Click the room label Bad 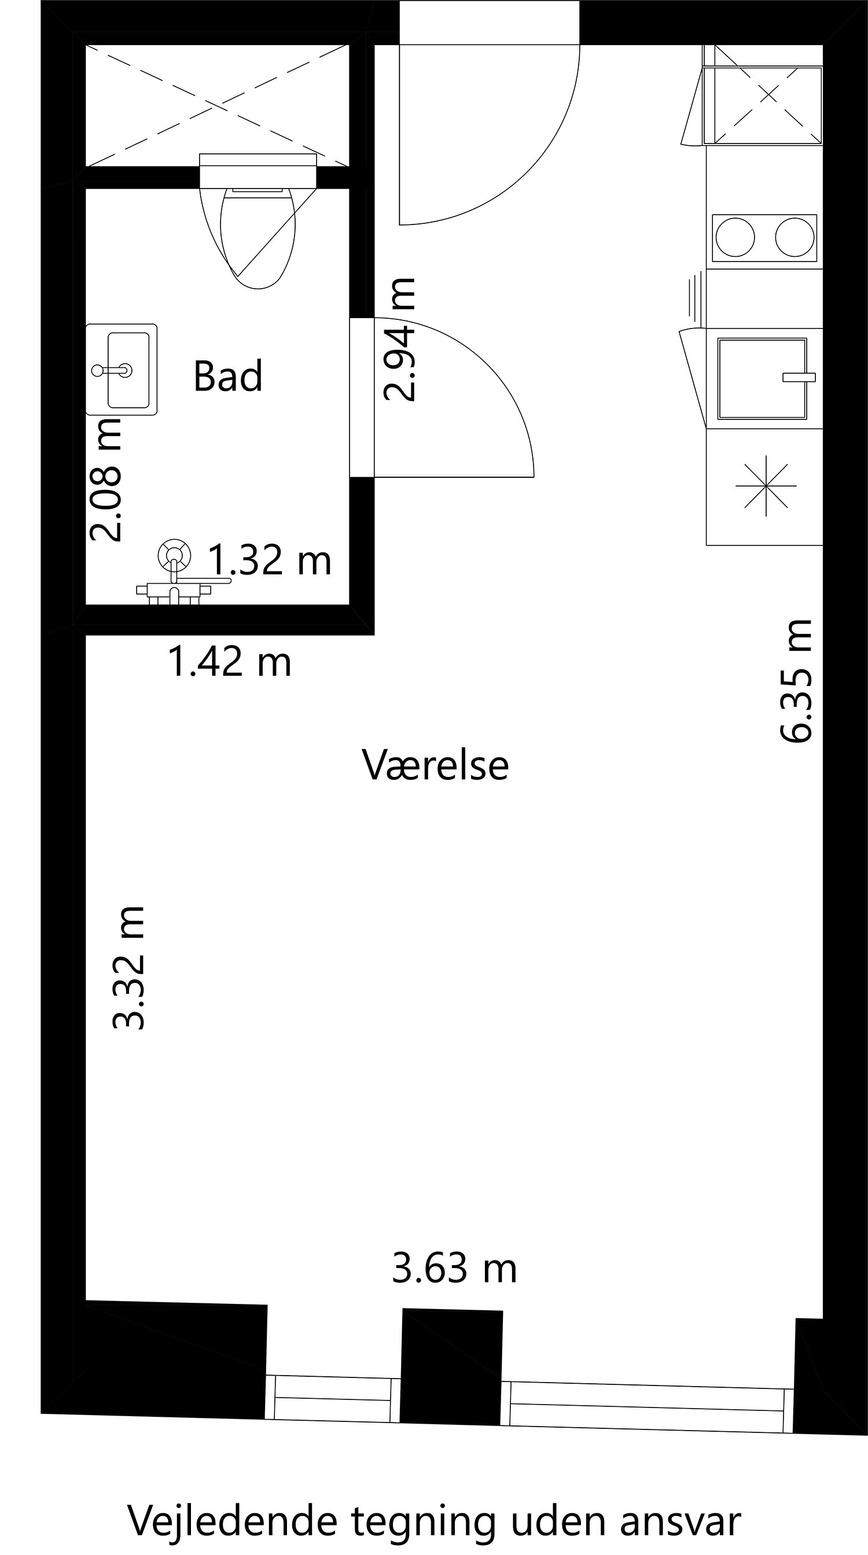[227, 375]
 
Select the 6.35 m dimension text [795, 681]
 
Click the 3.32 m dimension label [128, 967]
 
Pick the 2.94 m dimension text [400, 340]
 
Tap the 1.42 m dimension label [229, 661]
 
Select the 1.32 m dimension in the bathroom [270, 559]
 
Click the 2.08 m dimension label [106, 480]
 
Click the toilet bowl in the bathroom [258, 235]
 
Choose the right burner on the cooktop [795, 238]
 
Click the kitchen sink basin [762, 378]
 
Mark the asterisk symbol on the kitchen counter [766, 485]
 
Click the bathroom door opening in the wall [362, 397]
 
